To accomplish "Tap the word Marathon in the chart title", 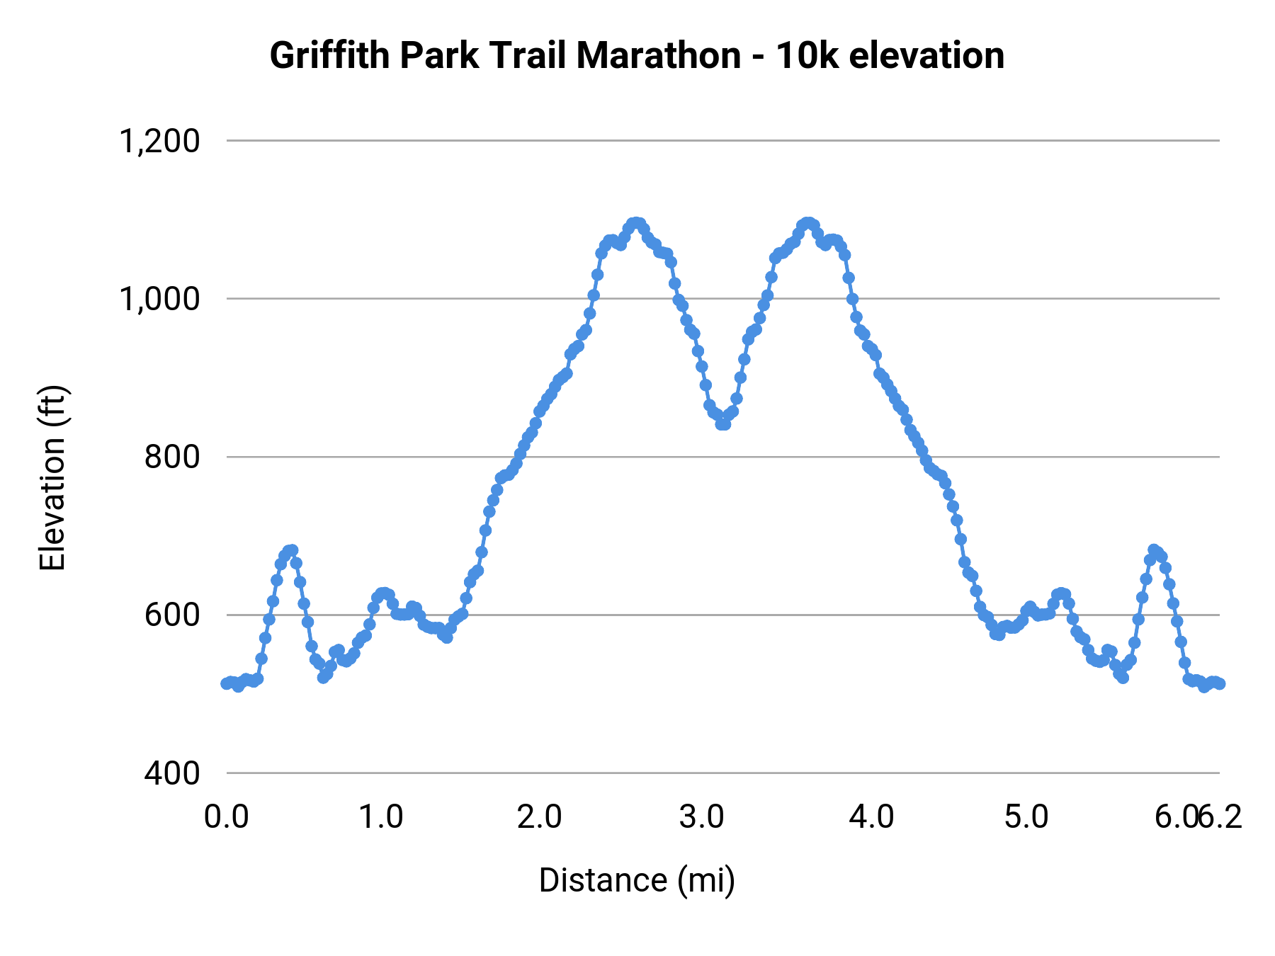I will (x=659, y=56).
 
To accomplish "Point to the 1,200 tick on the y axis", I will (x=159, y=141).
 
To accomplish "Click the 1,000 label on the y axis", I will (x=159, y=299).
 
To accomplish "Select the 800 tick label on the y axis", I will (x=172, y=457).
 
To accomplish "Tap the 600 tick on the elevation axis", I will (x=172, y=615).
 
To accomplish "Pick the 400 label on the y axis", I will (x=172, y=773).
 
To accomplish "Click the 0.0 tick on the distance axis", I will (x=227, y=817).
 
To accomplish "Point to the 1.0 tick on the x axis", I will (x=381, y=817).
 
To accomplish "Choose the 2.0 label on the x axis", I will (x=540, y=817).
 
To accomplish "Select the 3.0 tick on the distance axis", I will (x=701, y=817).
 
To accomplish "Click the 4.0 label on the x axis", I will (x=872, y=817).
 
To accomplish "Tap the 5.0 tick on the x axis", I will (x=1026, y=817).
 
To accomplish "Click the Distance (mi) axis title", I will (x=637, y=880).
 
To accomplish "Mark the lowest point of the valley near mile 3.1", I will (x=722, y=423).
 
